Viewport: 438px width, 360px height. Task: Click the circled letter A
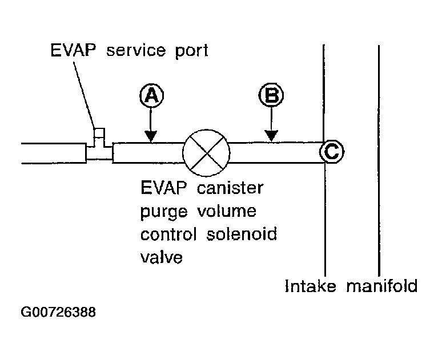pyautogui.click(x=150, y=95)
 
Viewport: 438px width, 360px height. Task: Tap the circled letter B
pyautogui.click(x=271, y=95)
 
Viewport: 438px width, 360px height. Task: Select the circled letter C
pyautogui.click(x=331, y=152)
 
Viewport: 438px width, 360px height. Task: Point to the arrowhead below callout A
pyautogui.click(x=150, y=136)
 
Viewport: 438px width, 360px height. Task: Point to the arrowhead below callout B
pyautogui.click(x=271, y=136)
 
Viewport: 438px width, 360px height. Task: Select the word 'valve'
pyautogui.click(x=162, y=258)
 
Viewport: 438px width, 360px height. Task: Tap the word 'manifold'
pyautogui.click(x=382, y=285)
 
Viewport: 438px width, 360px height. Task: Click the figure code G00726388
pyautogui.click(x=58, y=313)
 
